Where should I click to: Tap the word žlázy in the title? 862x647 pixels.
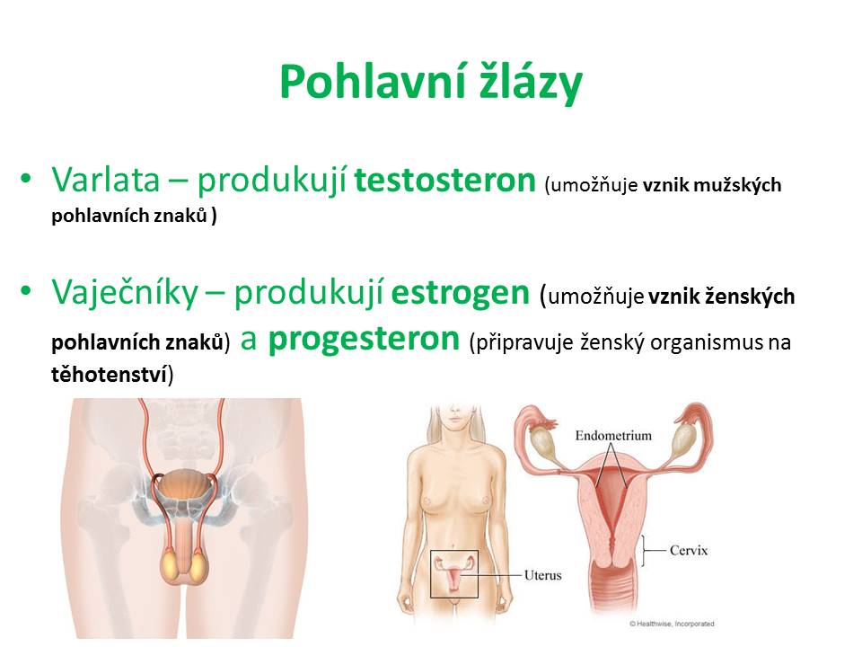coord(531,83)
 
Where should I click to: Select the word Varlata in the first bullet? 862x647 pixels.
coord(106,180)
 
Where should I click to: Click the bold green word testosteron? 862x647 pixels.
coord(444,180)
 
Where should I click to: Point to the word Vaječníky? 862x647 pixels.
coord(124,292)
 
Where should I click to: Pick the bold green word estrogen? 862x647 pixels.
coord(460,293)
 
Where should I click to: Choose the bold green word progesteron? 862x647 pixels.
coord(364,339)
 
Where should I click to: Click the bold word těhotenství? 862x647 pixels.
coord(109,375)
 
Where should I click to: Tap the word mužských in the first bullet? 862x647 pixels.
coord(737,185)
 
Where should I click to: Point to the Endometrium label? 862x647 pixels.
coord(613,436)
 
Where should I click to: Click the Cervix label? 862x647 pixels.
coord(689,550)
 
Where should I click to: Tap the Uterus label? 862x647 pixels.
coord(542,575)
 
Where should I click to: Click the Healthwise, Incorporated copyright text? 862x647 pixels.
coord(672,624)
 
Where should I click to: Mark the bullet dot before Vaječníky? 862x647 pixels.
coord(26,290)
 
